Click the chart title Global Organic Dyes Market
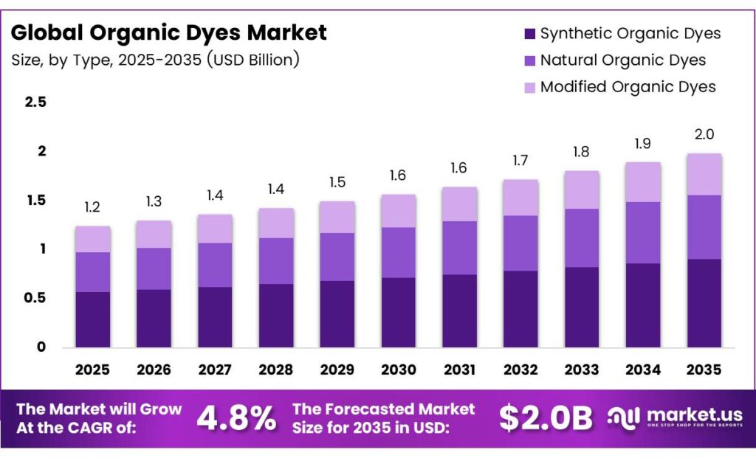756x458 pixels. [x=168, y=33]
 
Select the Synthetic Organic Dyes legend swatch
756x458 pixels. [x=529, y=34]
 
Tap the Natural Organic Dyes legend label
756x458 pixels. [x=622, y=60]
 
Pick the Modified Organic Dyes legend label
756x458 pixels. [x=628, y=87]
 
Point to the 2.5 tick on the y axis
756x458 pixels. [x=36, y=103]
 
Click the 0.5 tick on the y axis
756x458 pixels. [x=36, y=298]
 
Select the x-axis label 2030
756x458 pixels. [x=399, y=369]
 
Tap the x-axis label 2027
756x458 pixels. [x=215, y=369]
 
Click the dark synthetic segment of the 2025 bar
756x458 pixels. [x=93, y=319]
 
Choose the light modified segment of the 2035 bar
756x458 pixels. [x=704, y=174]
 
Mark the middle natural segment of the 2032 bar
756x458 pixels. [x=520, y=243]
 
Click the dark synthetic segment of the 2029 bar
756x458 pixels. [x=337, y=313]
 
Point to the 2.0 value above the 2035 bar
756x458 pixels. [x=704, y=135]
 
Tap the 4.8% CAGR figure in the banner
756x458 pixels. [x=236, y=418]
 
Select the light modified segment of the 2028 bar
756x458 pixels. [x=276, y=223]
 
